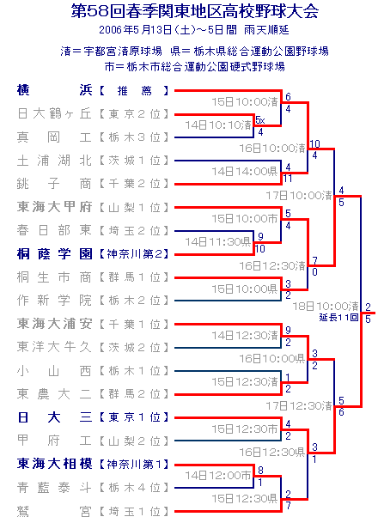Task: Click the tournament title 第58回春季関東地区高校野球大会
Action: (x=194, y=11)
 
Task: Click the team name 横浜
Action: (x=54, y=90)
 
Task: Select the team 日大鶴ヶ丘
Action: (x=54, y=113)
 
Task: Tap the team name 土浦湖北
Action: (x=54, y=161)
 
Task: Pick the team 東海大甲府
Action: (x=54, y=207)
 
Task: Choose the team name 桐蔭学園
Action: (x=54, y=254)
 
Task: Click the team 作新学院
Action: (x=54, y=301)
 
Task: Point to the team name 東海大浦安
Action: (x=54, y=324)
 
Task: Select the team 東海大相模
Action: (x=54, y=464)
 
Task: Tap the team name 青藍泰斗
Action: (x=54, y=488)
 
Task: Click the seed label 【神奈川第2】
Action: (x=134, y=254)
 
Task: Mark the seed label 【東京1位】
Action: (x=134, y=417)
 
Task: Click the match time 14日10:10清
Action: (x=218, y=125)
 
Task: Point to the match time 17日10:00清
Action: (x=299, y=195)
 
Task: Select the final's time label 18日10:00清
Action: (x=326, y=306)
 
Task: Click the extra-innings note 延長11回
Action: (x=338, y=317)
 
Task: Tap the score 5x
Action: (x=260, y=119)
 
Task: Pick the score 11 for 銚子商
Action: (x=288, y=179)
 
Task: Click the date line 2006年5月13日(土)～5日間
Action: (x=168, y=30)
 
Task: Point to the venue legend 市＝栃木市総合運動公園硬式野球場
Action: (x=195, y=67)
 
